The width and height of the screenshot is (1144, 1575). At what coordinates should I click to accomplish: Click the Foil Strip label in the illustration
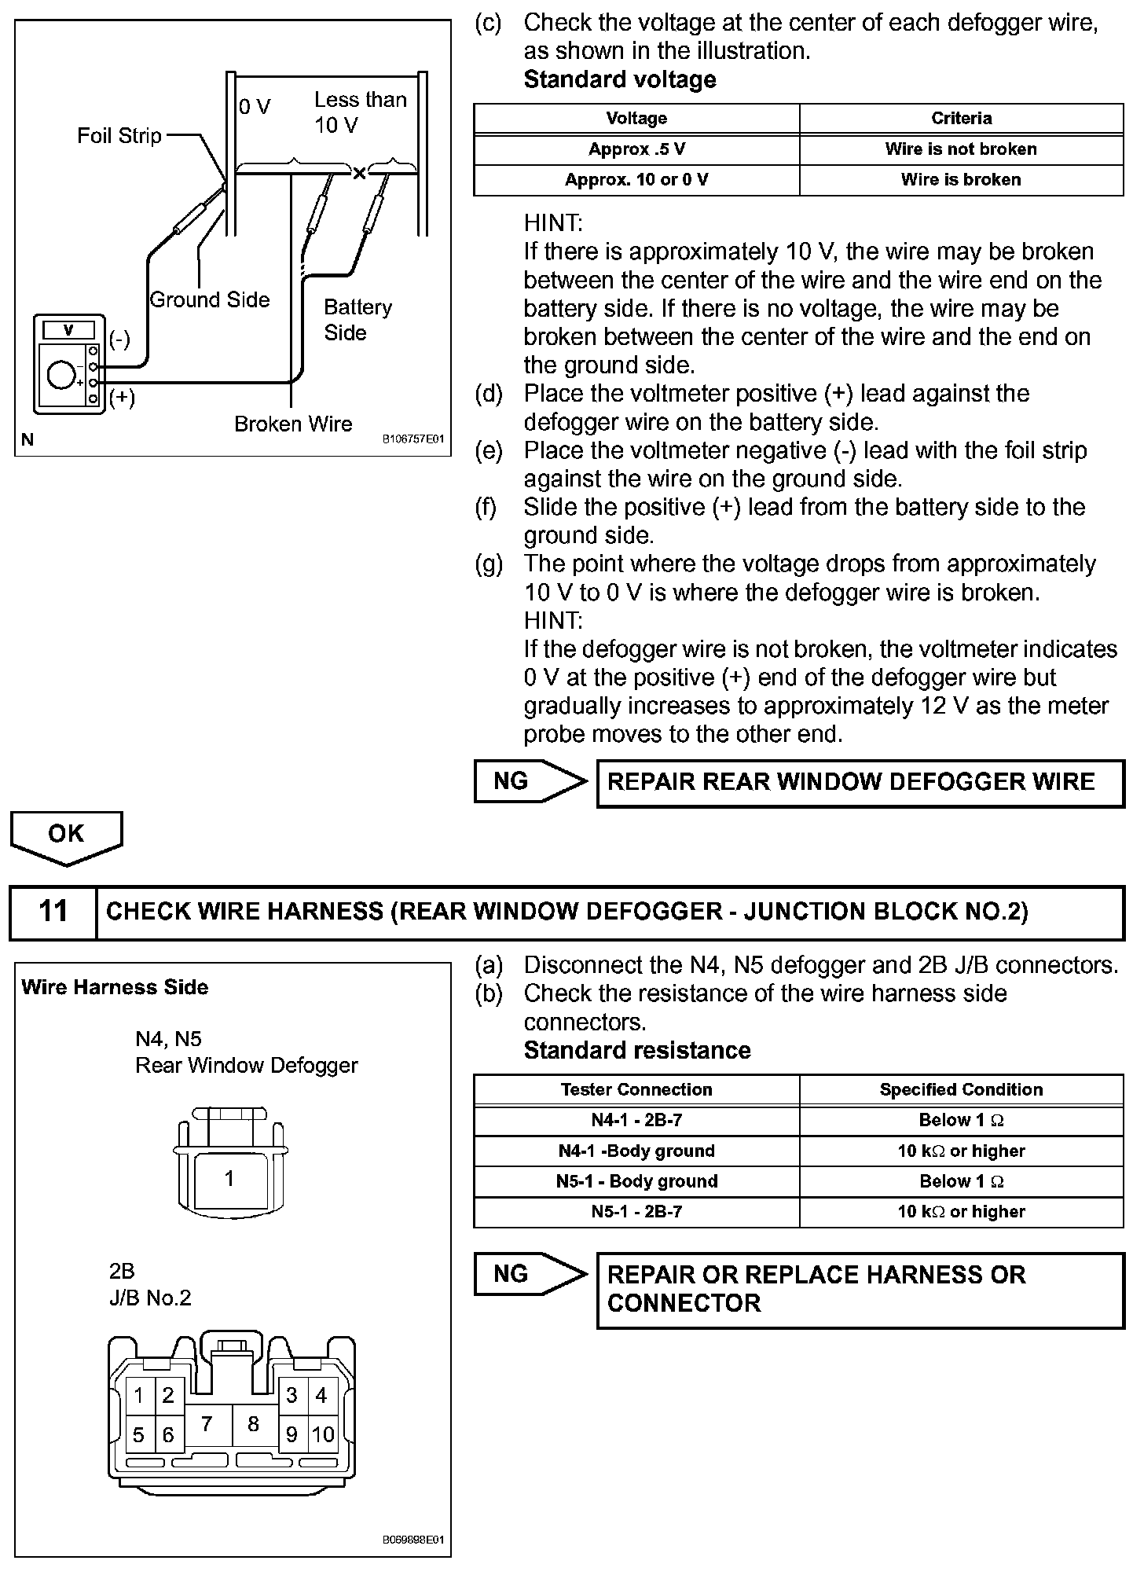pos(119,136)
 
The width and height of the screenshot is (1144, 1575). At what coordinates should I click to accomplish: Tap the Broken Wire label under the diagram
pos(293,424)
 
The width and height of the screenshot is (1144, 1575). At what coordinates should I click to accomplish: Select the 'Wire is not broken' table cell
pos(961,149)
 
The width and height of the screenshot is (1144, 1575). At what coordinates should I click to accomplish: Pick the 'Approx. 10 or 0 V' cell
pos(636,180)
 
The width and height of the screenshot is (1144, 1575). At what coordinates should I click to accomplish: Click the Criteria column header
pos(961,119)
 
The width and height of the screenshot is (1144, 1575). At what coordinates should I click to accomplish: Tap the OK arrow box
pos(66,835)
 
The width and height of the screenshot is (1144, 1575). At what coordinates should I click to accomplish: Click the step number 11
pos(53,912)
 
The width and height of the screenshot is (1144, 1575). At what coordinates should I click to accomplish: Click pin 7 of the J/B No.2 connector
pos(207,1424)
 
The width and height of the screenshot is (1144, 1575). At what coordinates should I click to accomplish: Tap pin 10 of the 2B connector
pos(323,1435)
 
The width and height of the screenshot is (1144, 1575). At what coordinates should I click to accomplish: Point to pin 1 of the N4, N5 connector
pos(229,1179)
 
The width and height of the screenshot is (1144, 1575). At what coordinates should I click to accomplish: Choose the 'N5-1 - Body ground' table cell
pos(636,1181)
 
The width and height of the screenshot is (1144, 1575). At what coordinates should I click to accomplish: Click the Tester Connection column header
pos(636,1090)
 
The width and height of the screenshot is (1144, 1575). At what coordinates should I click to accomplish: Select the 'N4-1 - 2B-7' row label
pos(636,1121)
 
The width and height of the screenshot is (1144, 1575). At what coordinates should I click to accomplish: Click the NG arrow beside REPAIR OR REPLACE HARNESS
pos(529,1274)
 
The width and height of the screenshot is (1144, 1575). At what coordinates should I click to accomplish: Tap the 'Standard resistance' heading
pos(637,1051)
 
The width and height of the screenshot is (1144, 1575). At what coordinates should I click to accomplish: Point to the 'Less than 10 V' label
pos(360,112)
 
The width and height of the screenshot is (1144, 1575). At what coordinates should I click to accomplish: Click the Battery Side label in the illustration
pos(357,319)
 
